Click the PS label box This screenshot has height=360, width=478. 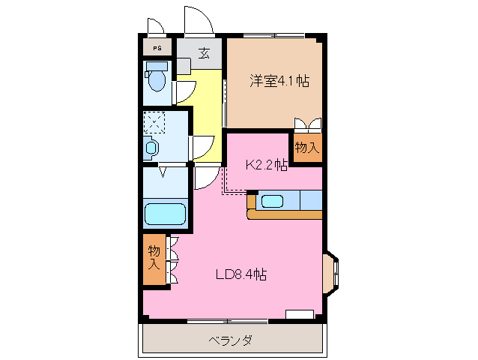[157, 49]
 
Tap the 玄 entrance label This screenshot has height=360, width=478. [204, 53]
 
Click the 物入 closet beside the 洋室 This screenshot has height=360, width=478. [307, 147]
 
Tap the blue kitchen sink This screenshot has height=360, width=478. [271, 201]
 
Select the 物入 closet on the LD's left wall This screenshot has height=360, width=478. [155, 256]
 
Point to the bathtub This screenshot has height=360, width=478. [165, 214]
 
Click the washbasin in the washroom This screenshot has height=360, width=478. [151, 148]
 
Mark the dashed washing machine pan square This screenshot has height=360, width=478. [155, 121]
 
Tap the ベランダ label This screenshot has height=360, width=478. [230, 340]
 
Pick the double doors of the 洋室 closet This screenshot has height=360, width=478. [308, 124]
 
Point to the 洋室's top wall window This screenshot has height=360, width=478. [273, 35]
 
